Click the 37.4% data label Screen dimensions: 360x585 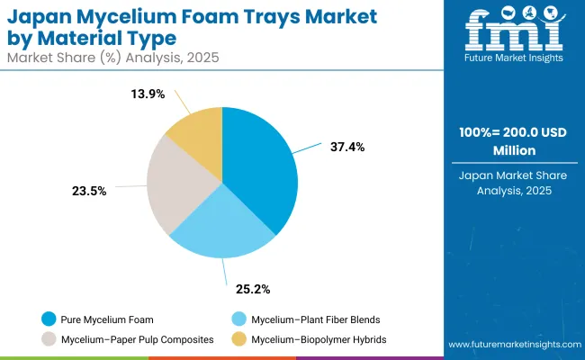[346, 147]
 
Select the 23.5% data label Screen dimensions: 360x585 [90, 190]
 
